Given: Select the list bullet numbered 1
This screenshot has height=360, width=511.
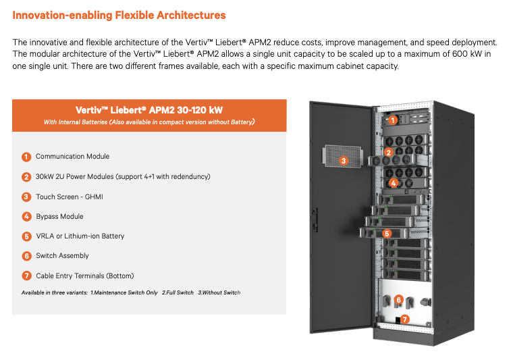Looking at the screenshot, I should click(26, 157).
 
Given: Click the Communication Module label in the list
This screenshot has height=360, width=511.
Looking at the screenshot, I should click(72, 157).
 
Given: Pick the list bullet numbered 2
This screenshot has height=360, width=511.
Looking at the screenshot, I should click(26, 177).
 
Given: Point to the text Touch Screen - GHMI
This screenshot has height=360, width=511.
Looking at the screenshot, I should click(69, 197).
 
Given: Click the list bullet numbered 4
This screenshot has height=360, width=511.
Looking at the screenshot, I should click(26, 217).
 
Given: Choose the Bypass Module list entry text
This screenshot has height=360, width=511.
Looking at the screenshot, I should click(59, 217).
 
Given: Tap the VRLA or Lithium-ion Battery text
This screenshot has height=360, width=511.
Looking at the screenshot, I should click(80, 236).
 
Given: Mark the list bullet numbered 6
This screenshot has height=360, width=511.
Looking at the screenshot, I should click(26, 256).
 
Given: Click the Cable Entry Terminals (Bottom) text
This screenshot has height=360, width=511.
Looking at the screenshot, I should click(84, 276).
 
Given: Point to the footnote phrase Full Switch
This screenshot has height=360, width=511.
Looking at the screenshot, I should click(178, 292).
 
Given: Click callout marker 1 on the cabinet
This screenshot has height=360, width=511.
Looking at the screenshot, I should click(392, 120).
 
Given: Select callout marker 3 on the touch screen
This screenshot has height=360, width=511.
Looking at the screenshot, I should click(344, 161).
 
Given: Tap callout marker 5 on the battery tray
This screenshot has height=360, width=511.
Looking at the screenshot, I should click(387, 233).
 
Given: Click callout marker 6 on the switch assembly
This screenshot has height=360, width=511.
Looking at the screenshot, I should click(399, 299).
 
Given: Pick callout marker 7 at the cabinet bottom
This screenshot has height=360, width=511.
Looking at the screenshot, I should click(405, 319).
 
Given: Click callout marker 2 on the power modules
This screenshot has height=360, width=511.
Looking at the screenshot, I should click(388, 153).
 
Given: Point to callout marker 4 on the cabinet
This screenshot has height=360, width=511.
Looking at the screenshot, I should click(394, 182).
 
